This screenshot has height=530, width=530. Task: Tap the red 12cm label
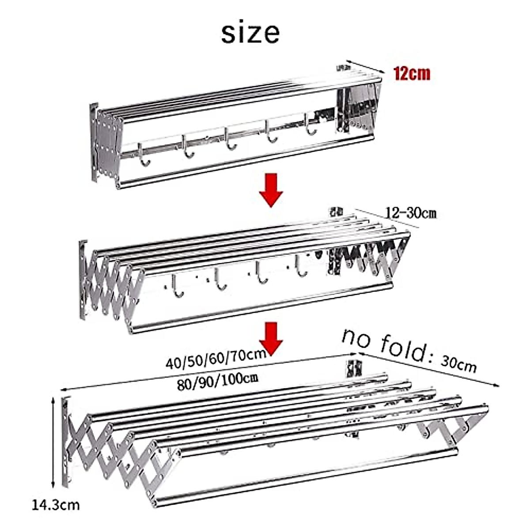(x=412, y=73)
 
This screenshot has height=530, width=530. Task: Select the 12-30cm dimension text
(x=411, y=213)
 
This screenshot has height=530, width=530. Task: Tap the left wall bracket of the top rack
(x=95, y=141)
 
